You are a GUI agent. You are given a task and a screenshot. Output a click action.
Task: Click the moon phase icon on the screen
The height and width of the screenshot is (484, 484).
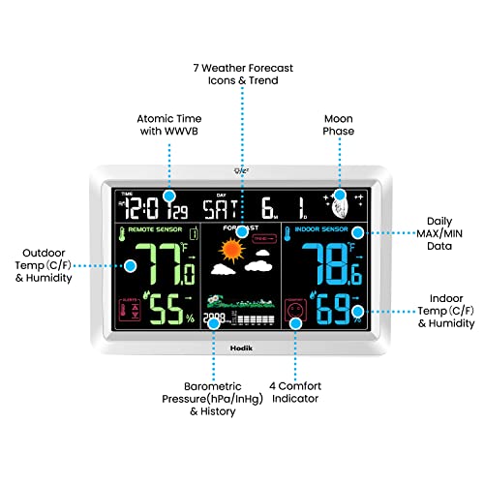pyautogui.click(x=341, y=203)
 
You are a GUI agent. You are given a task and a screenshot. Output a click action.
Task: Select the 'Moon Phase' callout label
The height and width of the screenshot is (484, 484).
pyautogui.click(x=338, y=124)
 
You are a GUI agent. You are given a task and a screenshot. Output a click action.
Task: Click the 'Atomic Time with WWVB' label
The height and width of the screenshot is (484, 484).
pyautogui.click(x=168, y=124)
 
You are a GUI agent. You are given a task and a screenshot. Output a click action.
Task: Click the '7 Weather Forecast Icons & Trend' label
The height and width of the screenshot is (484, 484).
pyautogui.click(x=243, y=75)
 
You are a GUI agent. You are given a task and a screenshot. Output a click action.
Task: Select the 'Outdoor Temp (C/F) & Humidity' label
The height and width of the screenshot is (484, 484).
pyautogui.click(x=42, y=265)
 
